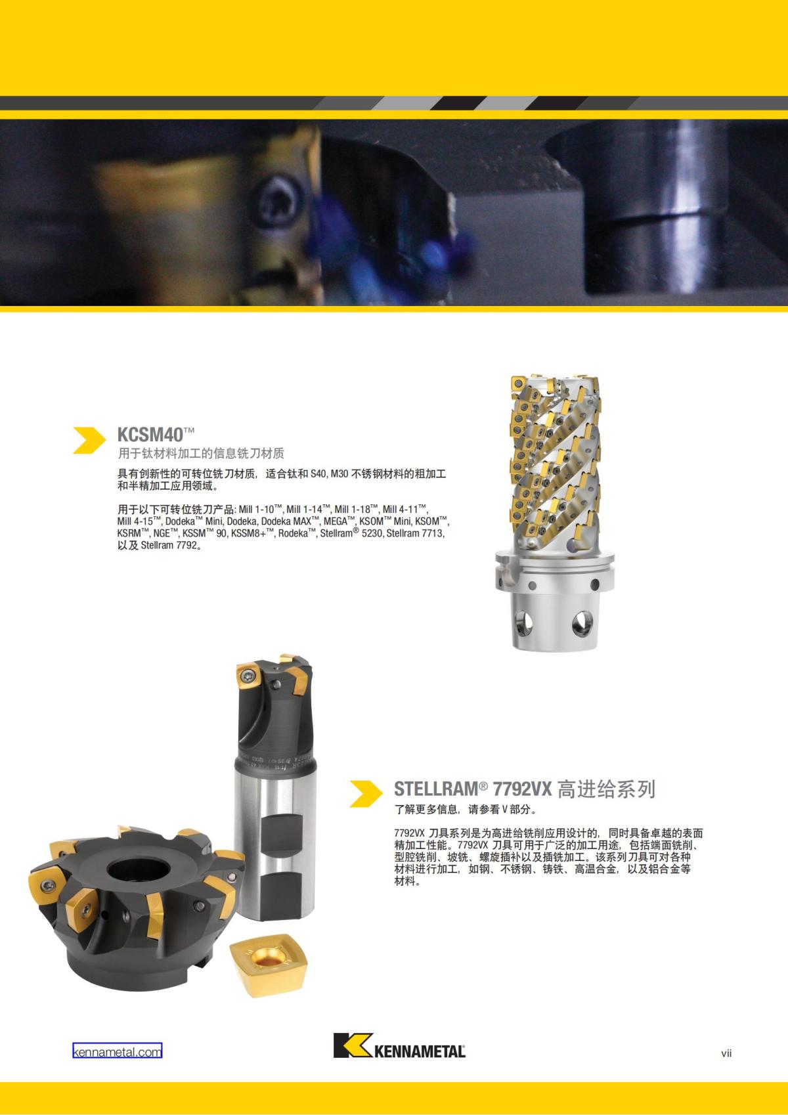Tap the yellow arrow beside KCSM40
point(89,440)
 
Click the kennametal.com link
point(117,1051)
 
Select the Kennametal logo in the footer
point(399,1046)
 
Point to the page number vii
point(726,1053)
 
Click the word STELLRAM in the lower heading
point(435,789)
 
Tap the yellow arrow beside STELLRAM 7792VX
point(366,793)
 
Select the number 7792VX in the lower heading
point(522,789)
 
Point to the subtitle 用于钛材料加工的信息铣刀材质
point(200,453)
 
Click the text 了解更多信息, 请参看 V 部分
point(465,809)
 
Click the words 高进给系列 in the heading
point(605,789)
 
